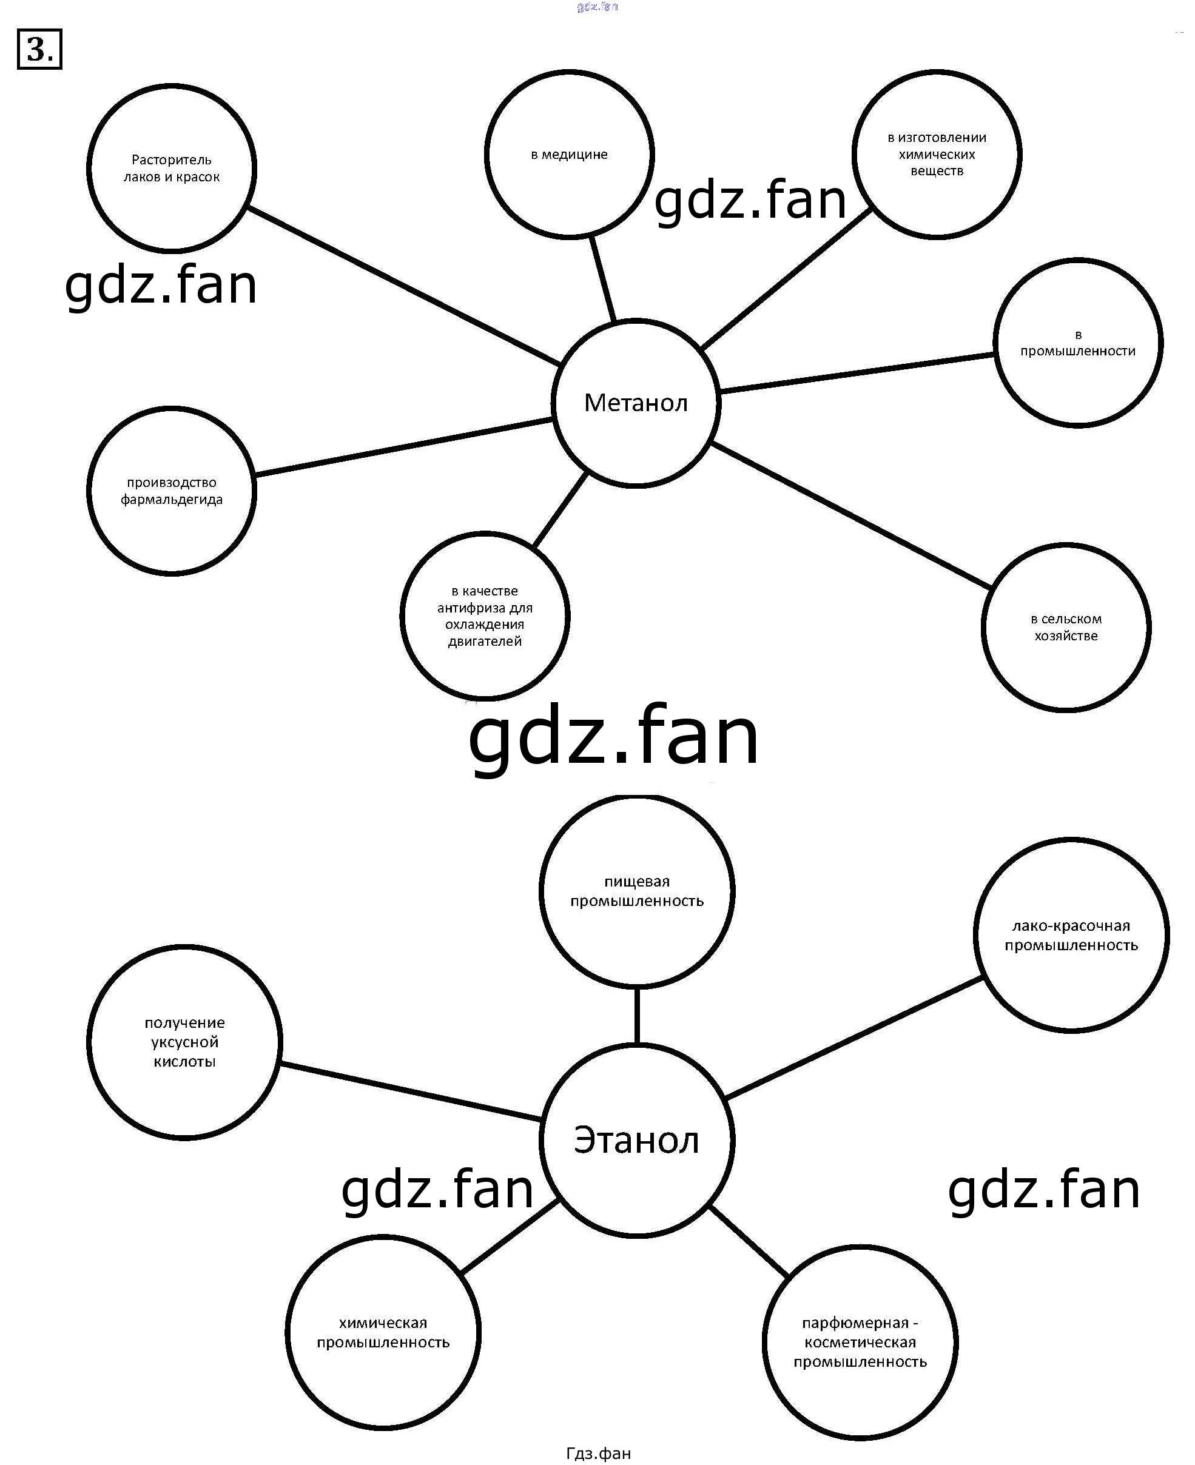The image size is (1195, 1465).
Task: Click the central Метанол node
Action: tap(635, 403)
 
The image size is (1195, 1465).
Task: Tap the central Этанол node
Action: tap(636, 1140)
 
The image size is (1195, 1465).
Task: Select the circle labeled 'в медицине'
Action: tap(568, 154)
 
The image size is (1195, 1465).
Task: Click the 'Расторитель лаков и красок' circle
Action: tap(172, 168)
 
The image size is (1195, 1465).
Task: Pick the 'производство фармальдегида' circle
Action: tap(172, 491)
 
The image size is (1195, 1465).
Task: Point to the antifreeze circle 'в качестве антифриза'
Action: tap(485, 616)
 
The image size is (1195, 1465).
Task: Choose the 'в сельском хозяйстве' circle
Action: tap(1066, 627)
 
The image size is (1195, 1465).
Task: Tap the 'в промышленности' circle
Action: tap(1078, 343)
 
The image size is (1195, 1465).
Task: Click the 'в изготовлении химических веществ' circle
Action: tap(936, 154)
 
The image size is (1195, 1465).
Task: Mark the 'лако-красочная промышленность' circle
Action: tap(1071, 935)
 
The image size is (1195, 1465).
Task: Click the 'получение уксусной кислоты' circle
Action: tap(184, 1042)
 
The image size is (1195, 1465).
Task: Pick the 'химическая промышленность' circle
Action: tap(383, 1332)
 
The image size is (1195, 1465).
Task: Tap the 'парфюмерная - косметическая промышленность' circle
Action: tap(860, 1342)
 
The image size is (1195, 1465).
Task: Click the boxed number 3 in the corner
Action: tap(39, 50)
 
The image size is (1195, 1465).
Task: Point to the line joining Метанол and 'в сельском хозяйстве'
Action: tap(851, 516)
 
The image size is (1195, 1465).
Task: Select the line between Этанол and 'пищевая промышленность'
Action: tap(637, 1015)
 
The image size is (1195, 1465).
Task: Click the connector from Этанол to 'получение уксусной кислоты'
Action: tap(410, 1091)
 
